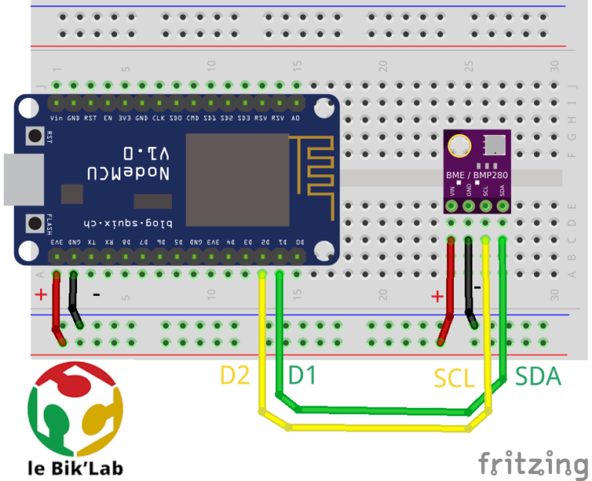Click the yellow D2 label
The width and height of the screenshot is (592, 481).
(236, 375)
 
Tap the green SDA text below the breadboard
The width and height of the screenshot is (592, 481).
(537, 377)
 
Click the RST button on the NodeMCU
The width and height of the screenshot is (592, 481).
(35, 136)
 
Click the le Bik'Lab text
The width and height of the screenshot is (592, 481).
(75, 467)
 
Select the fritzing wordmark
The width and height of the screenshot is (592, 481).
(533, 464)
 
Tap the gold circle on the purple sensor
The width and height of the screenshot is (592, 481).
(460, 145)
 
